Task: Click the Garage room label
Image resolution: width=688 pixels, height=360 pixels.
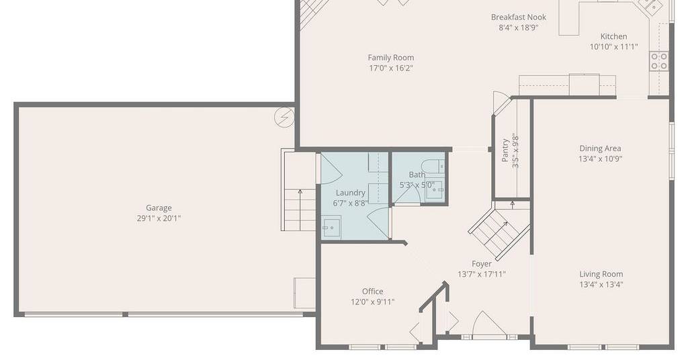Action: [x=159, y=208]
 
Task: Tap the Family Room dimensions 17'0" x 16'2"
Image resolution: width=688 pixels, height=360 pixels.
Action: [x=391, y=68]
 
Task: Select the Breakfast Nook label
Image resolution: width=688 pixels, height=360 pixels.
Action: [x=518, y=17]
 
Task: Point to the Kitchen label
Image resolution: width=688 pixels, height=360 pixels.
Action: [x=613, y=36]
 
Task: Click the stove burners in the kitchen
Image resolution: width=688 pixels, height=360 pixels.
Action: [x=658, y=61]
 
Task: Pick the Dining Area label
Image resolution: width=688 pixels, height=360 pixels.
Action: [x=600, y=148]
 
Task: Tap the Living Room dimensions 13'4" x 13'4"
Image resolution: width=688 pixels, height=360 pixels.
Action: [x=601, y=285]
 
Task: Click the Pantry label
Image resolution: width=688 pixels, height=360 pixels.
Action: [x=505, y=150]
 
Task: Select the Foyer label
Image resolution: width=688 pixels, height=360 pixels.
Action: [x=481, y=264]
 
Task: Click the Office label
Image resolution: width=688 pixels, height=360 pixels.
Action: [x=372, y=291]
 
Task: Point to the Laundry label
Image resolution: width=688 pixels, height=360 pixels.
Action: [x=350, y=193]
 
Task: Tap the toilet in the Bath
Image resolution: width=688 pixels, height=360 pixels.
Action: [x=433, y=166]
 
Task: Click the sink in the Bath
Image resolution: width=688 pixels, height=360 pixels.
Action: [x=435, y=189]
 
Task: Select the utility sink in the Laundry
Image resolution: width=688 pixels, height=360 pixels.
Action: [x=331, y=228]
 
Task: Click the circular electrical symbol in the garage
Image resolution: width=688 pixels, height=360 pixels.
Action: [x=284, y=118]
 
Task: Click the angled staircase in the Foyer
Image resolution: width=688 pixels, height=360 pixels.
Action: [x=499, y=231]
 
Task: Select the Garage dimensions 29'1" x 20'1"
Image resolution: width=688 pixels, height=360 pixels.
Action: [x=159, y=218]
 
